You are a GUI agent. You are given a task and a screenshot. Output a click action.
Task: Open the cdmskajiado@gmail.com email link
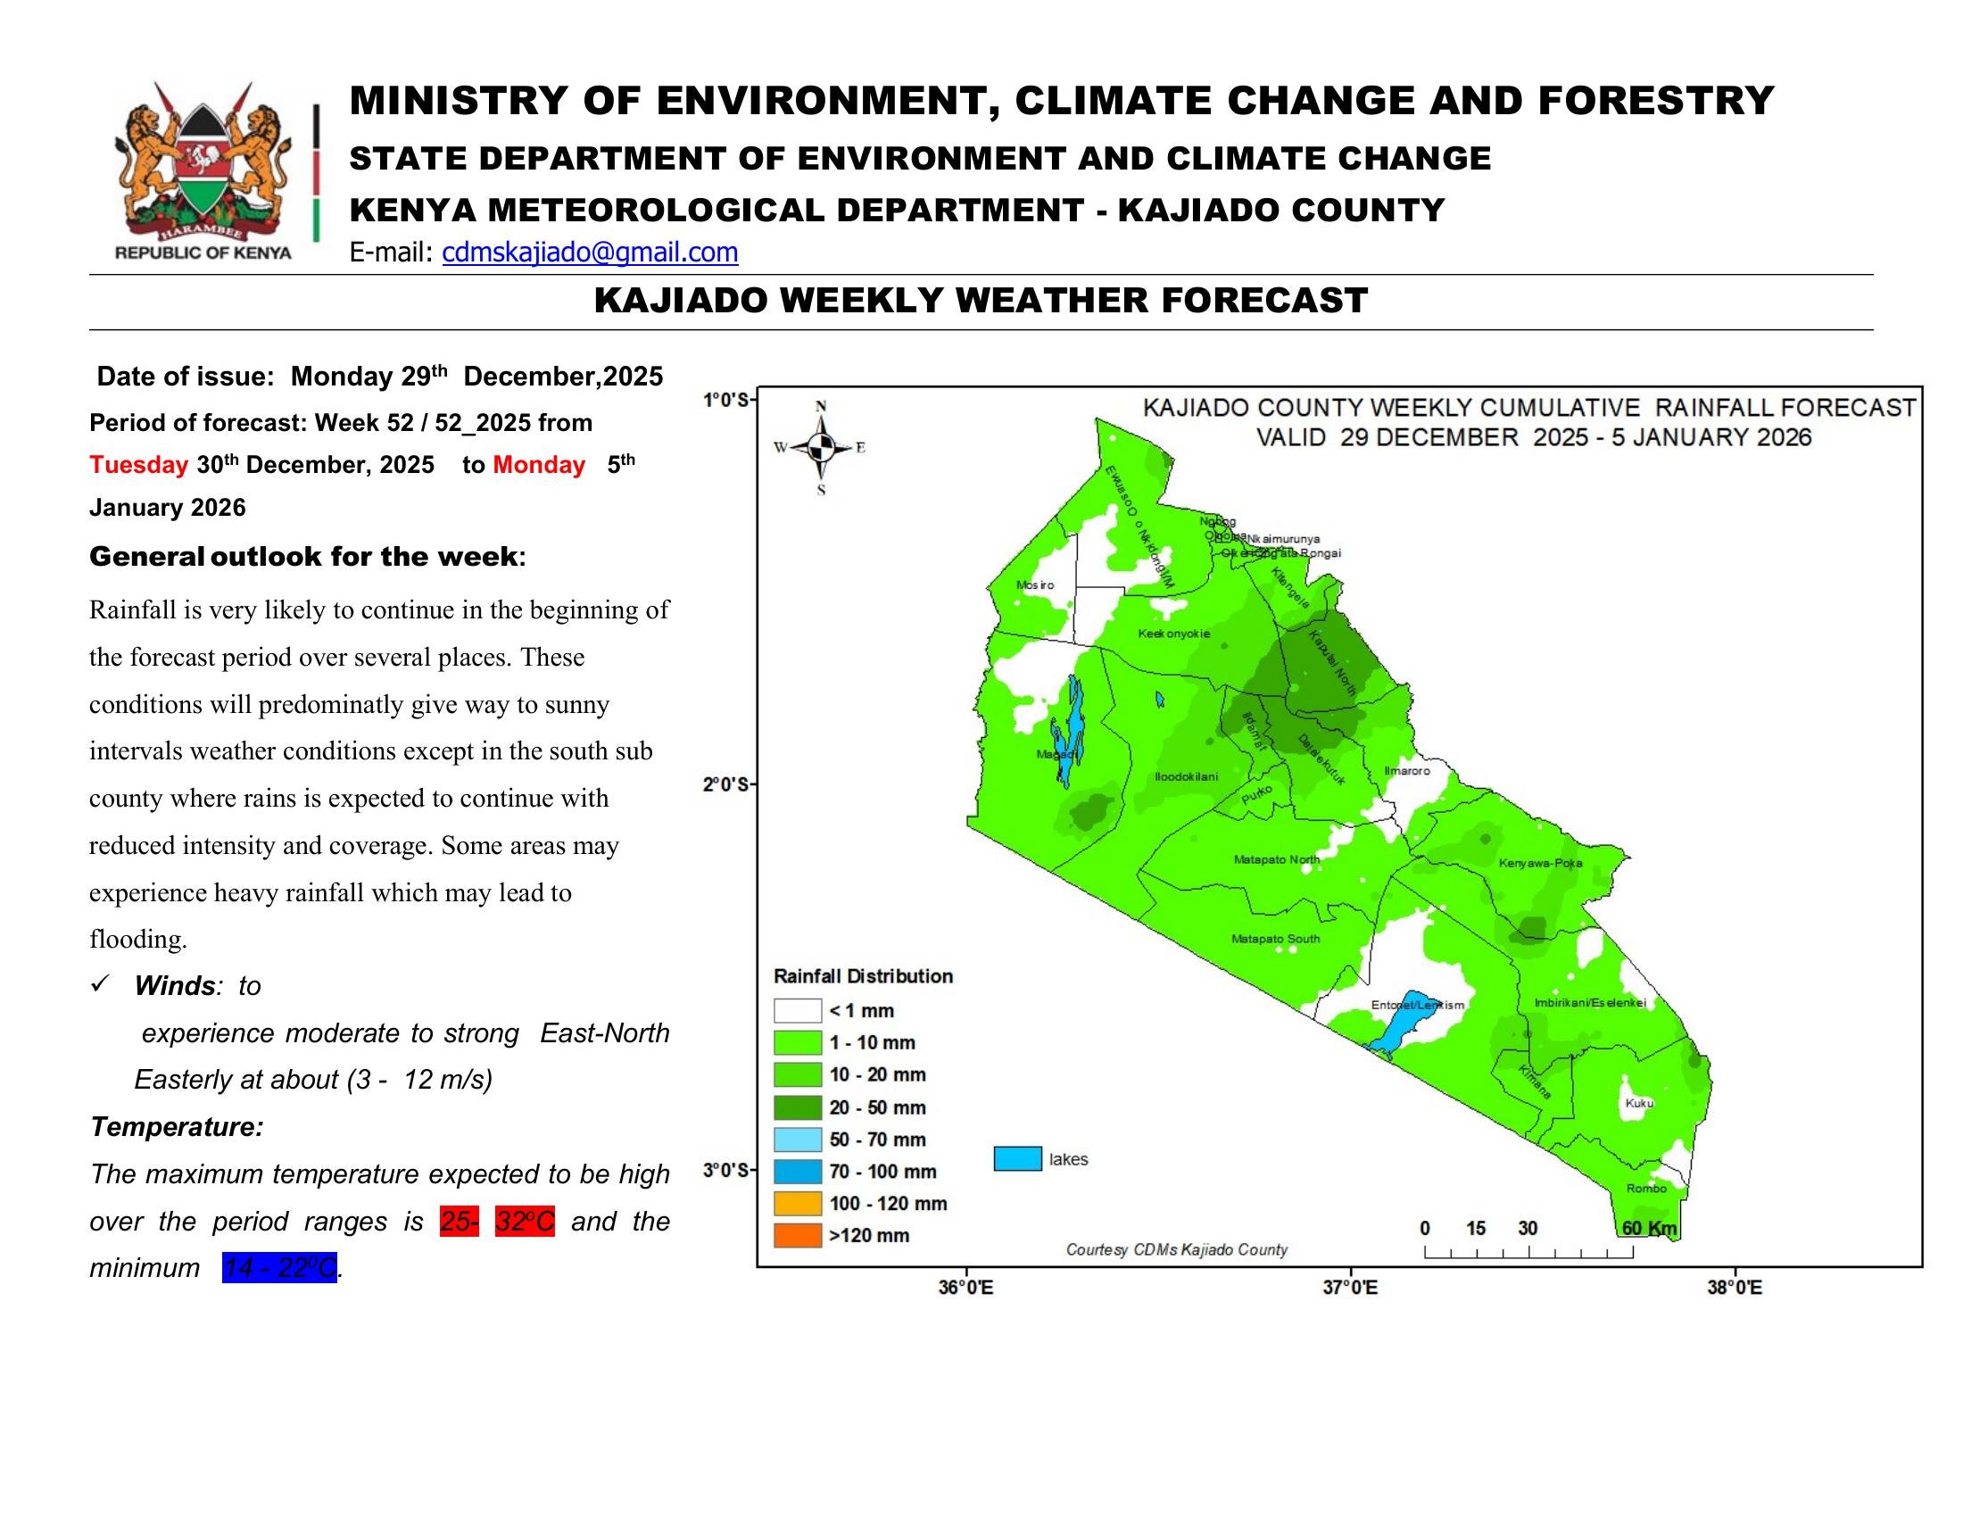590,253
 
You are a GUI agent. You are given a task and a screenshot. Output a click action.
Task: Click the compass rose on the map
820,447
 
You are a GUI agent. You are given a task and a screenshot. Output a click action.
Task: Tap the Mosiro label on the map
1034,585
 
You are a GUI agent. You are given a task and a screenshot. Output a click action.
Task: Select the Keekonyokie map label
1174,634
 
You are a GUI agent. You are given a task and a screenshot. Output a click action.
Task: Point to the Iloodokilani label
1187,776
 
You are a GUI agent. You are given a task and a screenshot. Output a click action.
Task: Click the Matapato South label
1275,939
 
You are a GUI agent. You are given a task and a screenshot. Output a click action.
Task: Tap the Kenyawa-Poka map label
1541,864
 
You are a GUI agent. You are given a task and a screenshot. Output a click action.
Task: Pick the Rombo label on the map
1646,1188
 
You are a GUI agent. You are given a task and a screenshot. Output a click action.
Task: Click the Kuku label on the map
1639,1103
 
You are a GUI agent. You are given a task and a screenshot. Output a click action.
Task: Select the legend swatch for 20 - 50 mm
797,1107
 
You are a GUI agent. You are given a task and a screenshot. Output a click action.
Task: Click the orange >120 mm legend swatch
797,1236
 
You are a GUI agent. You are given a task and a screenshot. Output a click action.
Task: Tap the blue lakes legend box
1017,1159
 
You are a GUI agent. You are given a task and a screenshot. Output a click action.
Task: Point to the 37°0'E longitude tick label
1350,1288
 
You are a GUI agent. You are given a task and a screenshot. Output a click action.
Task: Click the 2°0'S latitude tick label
725,784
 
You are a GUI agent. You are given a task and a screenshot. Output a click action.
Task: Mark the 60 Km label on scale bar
1649,1229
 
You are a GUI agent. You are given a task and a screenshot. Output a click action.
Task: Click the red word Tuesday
138,465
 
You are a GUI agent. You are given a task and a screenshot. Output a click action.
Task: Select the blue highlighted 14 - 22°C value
279,1268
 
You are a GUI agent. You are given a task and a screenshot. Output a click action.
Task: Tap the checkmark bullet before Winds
100,985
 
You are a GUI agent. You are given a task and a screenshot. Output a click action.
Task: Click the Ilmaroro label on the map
1406,771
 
